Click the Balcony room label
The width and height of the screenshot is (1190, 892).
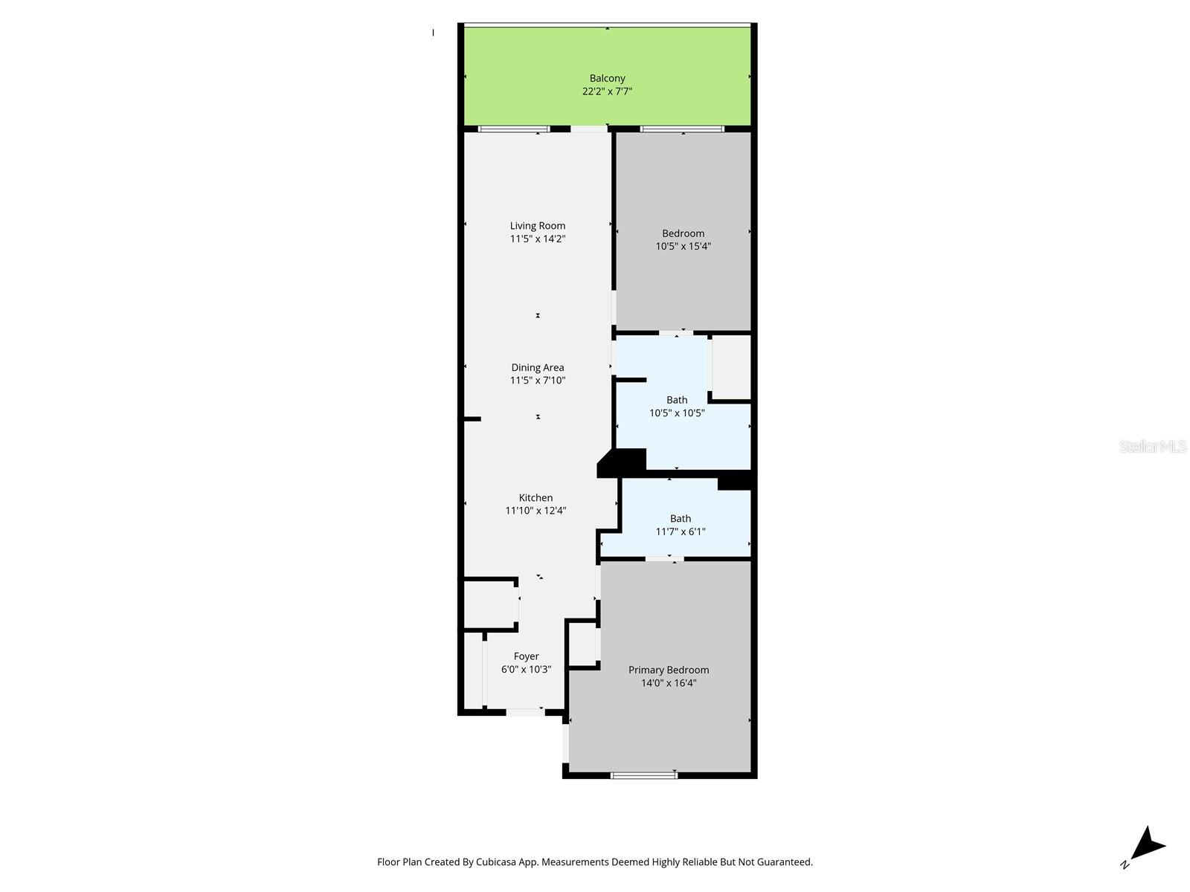[x=607, y=78]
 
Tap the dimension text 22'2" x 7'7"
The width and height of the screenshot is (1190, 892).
[x=607, y=91]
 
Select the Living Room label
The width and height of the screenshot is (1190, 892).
[x=537, y=225]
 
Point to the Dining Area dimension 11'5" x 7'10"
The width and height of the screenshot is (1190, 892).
[x=537, y=381]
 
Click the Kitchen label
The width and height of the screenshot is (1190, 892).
[x=535, y=497]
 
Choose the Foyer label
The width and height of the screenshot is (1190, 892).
[x=526, y=656]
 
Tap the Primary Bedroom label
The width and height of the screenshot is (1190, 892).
[x=668, y=670]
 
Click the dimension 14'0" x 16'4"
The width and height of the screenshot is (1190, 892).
[x=668, y=683]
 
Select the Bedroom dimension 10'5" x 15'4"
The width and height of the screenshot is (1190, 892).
[x=683, y=246]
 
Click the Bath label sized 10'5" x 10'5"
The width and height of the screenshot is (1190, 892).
[x=676, y=400]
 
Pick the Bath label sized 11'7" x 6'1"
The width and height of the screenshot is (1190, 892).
[x=680, y=519]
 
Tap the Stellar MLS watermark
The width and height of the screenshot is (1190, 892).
[x=1152, y=446]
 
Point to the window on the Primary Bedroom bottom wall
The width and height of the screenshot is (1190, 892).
[x=644, y=775]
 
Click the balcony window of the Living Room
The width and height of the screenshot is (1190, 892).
[x=514, y=129]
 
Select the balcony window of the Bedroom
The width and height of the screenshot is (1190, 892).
[x=682, y=129]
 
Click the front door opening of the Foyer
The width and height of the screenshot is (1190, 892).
[x=525, y=712]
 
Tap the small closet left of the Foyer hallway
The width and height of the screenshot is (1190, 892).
[x=490, y=604]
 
